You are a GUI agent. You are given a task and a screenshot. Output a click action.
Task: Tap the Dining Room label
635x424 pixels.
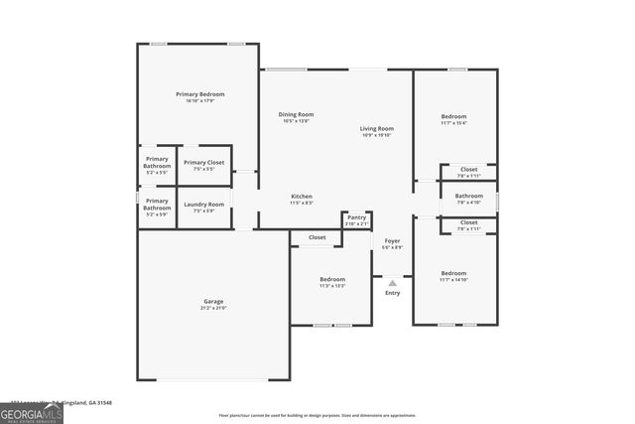[297, 114]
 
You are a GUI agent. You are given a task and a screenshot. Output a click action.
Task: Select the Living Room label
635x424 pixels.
[376, 128]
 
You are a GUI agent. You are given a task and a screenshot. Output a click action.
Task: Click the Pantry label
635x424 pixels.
[356, 217]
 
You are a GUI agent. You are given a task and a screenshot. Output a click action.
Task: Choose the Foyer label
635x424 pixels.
[392, 240]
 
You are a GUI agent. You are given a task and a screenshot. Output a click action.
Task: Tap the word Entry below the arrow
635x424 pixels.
[392, 293]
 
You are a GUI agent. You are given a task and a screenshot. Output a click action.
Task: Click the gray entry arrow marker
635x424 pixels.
[392, 283]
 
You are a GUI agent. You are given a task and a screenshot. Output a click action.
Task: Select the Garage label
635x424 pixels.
[213, 301]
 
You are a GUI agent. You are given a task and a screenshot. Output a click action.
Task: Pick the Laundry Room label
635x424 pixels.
[203, 205]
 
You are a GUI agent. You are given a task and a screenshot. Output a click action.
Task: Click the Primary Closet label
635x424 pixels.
[203, 162]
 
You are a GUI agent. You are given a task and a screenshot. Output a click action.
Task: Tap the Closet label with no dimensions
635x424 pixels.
[317, 237]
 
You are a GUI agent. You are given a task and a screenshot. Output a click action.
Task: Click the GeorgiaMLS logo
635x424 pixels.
[32, 412]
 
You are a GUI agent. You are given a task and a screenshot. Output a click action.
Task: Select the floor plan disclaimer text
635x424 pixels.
[317, 415]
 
